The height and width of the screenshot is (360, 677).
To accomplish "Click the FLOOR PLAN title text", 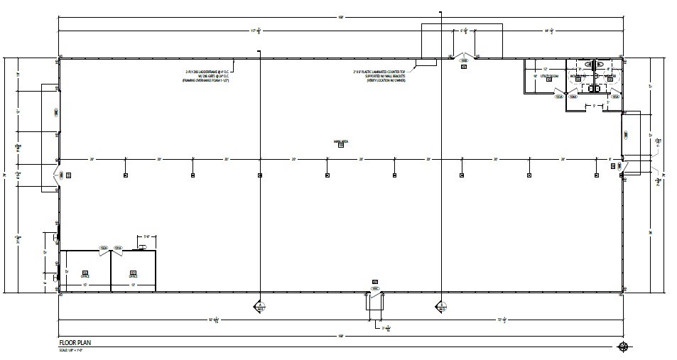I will (76, 342).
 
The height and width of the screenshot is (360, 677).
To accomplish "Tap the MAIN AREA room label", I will (340, 142).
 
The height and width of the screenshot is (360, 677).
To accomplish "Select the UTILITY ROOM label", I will (550, 75).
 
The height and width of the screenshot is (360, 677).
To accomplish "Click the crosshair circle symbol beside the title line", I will (624, 347).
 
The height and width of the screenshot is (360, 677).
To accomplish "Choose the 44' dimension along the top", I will (549, 31).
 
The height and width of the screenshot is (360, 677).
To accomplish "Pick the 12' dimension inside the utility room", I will (545, 69).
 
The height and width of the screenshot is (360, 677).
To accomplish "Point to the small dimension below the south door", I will (386, 328).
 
